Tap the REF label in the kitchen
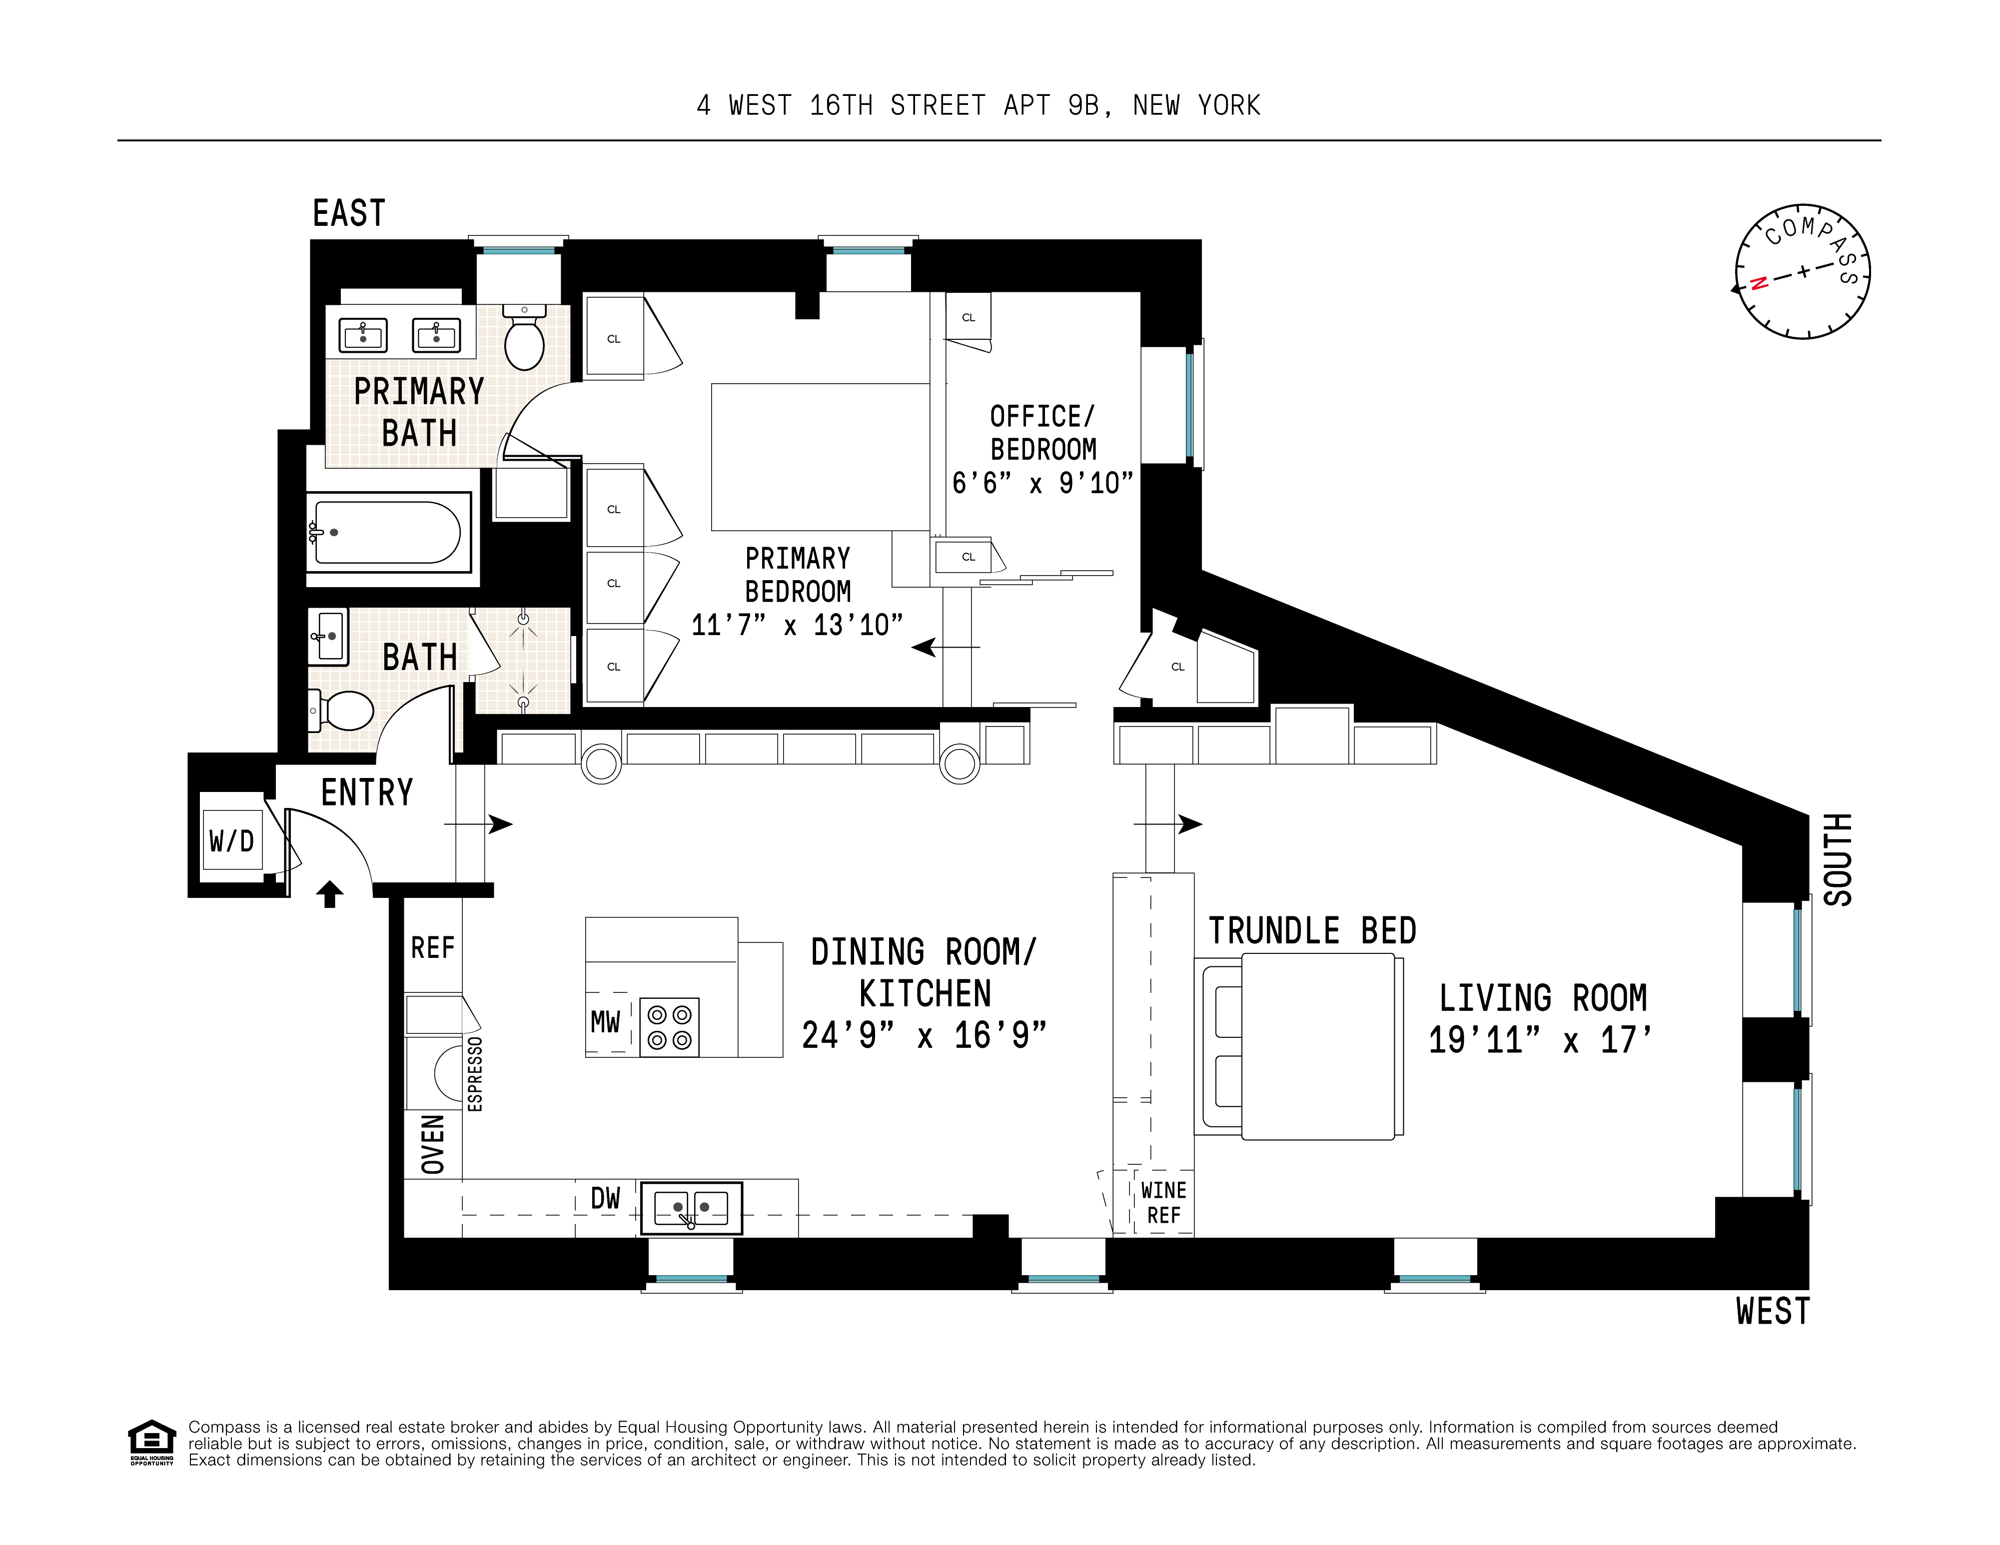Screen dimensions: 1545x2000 point(432,947)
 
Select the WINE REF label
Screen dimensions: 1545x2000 point(1163,1203)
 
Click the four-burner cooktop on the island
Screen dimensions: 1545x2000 point(669,1027)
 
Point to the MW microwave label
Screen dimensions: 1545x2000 point(605,1021)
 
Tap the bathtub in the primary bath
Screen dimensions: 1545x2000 point(387,532)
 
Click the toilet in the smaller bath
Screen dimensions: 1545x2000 point(344,711)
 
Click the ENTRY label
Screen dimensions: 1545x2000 point(367,792)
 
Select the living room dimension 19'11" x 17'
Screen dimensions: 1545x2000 point(1540,1039)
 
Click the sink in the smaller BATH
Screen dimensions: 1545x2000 point(328,636)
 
